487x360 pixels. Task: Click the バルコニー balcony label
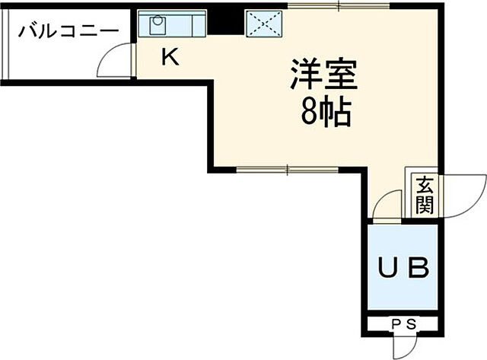point(68,31)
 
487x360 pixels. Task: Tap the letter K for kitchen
point(170,57)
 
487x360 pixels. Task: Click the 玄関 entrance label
point(425,195)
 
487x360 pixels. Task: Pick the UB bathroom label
point(404,267)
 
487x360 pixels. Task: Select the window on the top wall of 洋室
point(339,7)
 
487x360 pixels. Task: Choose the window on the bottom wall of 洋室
point(287,169)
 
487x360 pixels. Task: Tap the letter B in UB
point(421,267)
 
